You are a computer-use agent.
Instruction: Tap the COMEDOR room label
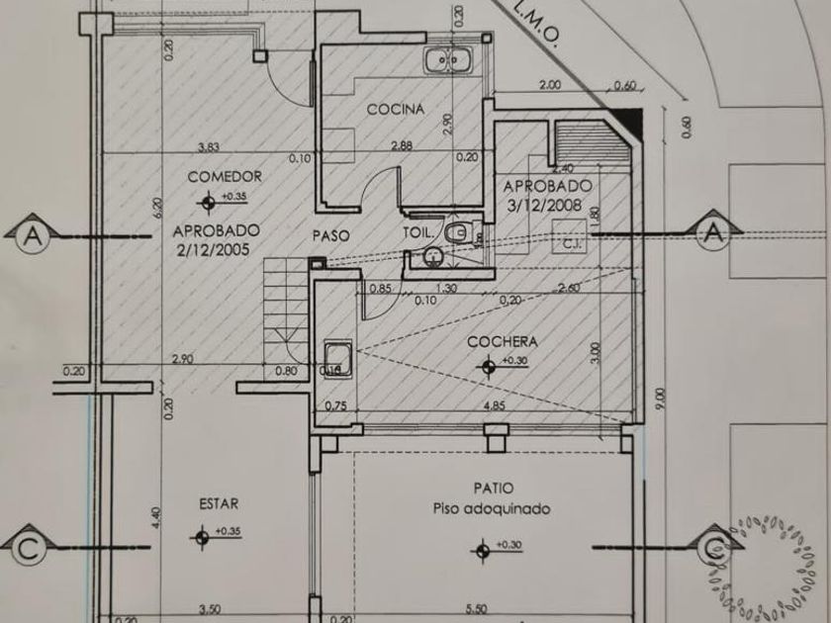pyautogui.click(x=224, y=176)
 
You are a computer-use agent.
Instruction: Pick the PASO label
pyautogui.click(x=329, y=235)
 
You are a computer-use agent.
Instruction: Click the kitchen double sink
pyautogui.click(x=448, y=60)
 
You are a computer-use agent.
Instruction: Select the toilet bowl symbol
pyautogui.click(x=456, y=233)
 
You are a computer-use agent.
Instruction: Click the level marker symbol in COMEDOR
pyautogui.click(x=207, y=204)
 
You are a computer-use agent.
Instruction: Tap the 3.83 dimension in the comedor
pyautogui.click(x=208, y=148)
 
